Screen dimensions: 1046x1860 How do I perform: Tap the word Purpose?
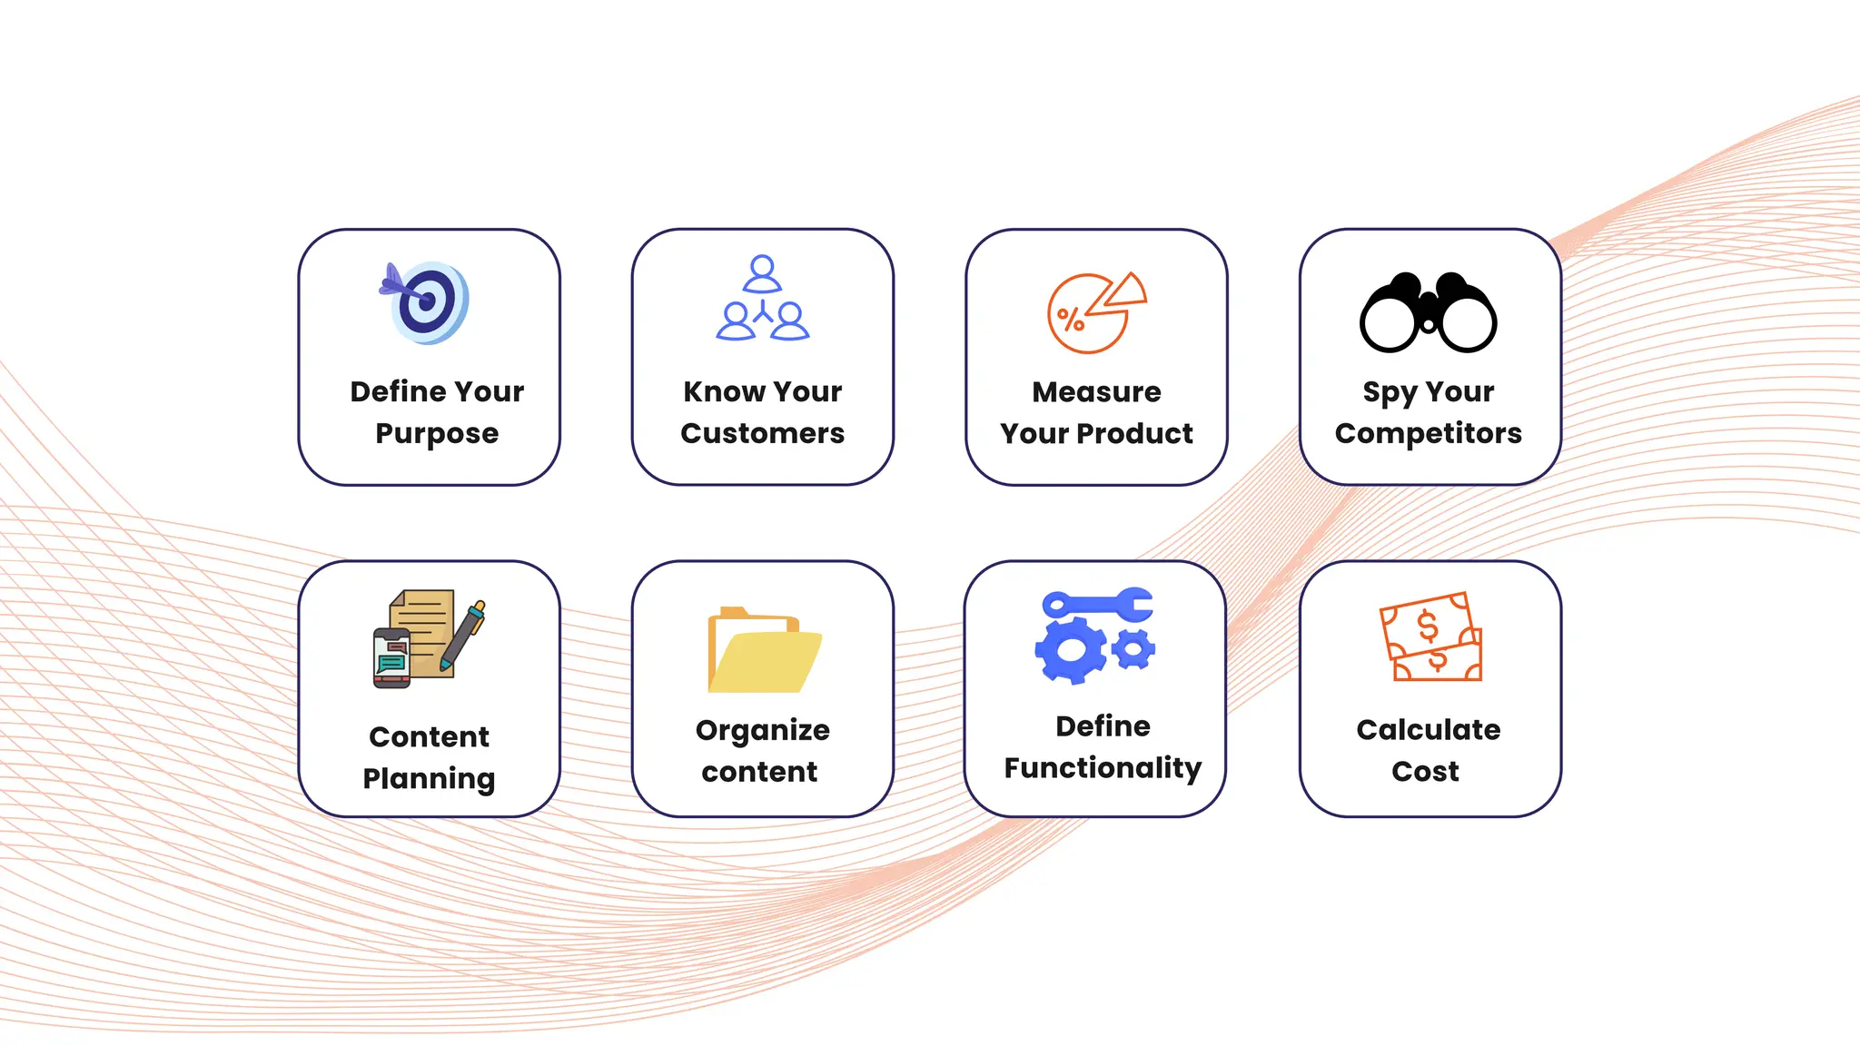(x=437, y=434)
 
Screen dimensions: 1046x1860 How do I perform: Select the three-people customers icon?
(x=762, y=299)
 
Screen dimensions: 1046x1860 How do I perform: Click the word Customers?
(x=762, y=433)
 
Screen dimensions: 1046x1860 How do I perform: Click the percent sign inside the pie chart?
(x=1071, y=320)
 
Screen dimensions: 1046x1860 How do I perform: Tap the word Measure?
(x=1096, y=391)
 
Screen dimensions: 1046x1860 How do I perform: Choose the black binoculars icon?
(x=1428, y=313)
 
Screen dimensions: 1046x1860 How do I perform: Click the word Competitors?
(x=1428, y=433)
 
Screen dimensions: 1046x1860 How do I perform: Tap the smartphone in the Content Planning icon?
(x=392, y=657)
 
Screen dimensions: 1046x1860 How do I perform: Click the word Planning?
(x=429, y=778)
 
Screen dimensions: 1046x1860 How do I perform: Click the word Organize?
(x=762, y=730)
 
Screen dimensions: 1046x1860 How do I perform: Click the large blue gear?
(x=1071, y=650)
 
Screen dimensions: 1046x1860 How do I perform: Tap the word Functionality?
(x=1103, y=768)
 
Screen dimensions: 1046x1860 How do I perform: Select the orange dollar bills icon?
(x=1430, y=637)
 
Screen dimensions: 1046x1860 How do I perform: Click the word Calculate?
(x=1428, y=729)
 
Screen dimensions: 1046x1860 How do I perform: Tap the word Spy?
(x=1389, y=392)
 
